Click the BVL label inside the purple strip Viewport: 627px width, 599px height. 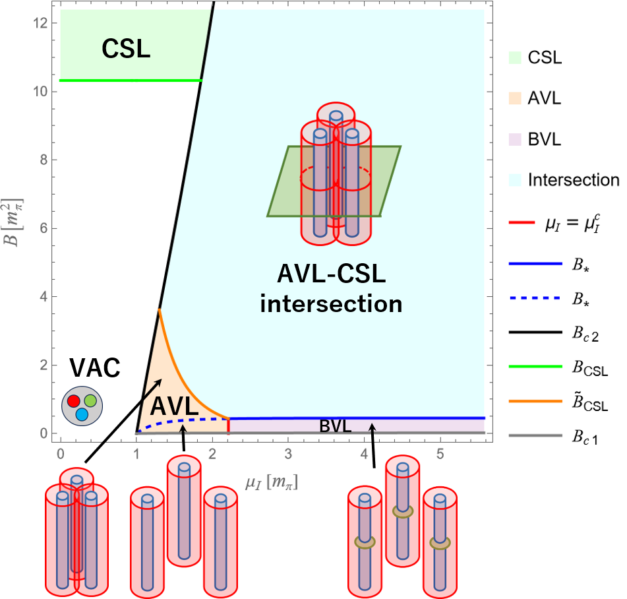(336, 426)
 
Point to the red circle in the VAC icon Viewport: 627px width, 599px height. (73, 400)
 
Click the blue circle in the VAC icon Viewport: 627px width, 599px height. (82, 414)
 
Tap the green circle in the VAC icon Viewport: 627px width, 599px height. (90, 400)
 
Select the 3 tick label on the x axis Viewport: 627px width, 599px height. (288, 454)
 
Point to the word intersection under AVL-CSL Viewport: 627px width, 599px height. (331, 305)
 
